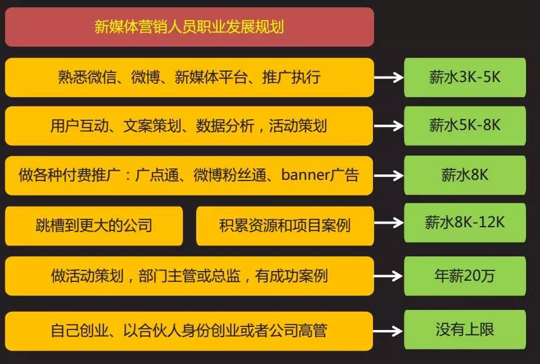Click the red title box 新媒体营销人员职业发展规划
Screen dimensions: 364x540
189,27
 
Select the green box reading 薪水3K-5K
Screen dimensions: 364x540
465,77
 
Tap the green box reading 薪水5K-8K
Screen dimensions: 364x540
465,125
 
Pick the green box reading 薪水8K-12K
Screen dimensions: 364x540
465,222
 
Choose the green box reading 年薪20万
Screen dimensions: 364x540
465,276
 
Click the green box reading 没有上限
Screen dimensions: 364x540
465,330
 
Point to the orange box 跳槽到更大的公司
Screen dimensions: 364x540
94,226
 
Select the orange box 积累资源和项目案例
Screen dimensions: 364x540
285,226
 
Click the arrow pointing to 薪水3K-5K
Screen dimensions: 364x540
389,78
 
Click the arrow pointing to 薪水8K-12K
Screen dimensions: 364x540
389,224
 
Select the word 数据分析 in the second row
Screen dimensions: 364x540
220,126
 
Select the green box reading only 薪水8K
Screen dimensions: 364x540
465,175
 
